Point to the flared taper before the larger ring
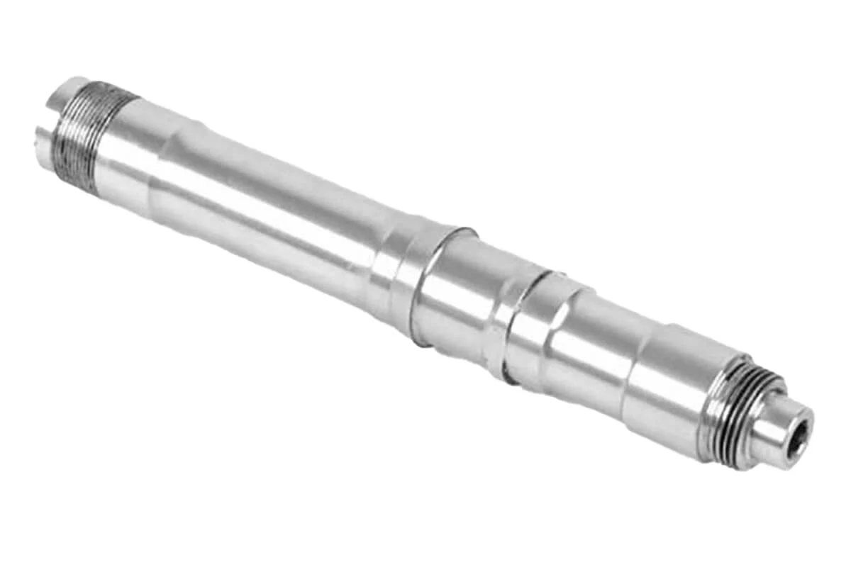coord(394,262)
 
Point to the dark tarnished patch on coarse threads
coord(82,163)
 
